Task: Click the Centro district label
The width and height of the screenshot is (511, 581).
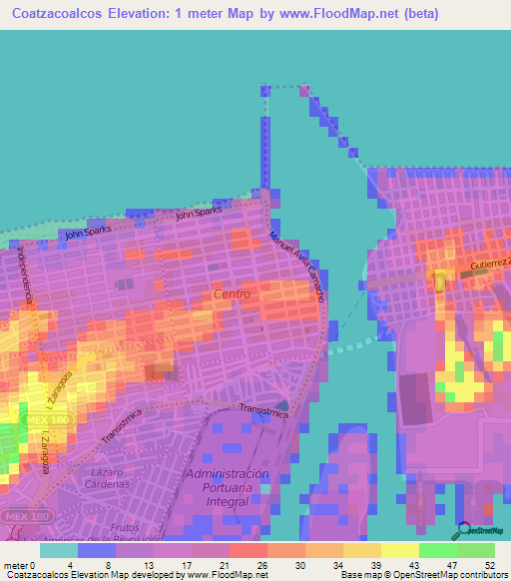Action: (x=232, y=294)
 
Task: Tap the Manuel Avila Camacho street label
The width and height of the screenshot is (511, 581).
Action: (x=297, y=267)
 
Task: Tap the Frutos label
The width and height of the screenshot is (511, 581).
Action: (x=125, y=527)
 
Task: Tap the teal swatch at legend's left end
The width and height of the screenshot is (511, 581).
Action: (x=58, y=549)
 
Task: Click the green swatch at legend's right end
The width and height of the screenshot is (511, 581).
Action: (x=476, y=549)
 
